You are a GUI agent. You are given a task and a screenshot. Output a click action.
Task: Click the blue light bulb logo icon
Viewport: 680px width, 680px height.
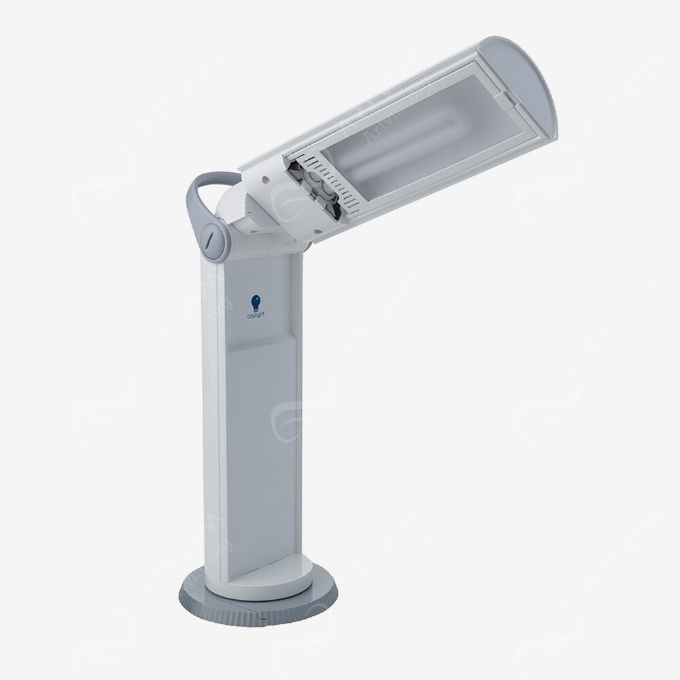coord(256,301)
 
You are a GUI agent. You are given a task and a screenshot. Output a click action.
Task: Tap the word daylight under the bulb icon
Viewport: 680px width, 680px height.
coord(256,316)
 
